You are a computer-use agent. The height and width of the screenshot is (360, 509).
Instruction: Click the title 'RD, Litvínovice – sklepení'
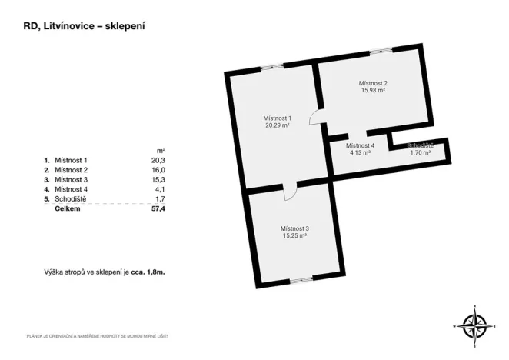click(85, 25)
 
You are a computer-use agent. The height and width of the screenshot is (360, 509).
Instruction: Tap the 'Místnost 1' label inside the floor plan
click(277, 118)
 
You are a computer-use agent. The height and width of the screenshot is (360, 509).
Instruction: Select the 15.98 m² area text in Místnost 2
click(373, 91)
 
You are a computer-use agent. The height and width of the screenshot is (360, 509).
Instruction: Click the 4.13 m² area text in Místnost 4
click(360, 152)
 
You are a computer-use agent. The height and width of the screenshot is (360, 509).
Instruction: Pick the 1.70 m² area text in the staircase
click(420, 152)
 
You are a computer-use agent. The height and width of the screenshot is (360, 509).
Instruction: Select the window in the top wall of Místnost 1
click(271, 68)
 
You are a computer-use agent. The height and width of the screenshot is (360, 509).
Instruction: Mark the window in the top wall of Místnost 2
click(380, 52)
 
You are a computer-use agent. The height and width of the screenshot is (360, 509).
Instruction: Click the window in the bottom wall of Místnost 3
click(301, 278)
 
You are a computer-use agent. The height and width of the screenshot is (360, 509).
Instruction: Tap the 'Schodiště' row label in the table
click(72, 198)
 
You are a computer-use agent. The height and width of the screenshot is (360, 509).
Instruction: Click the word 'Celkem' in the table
click(67, 208)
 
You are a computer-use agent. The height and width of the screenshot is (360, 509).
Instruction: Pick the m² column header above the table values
click(161, 150)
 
